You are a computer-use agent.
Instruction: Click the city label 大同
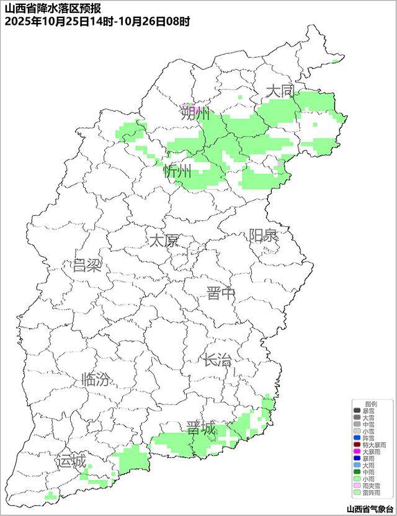point(279,91)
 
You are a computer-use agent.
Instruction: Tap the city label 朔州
point(195,113)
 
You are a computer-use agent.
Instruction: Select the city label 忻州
point(177,172)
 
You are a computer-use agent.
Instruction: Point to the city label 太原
point(163,241)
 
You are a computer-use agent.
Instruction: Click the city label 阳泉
point(264,236)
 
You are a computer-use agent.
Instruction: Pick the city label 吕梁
point(86,266)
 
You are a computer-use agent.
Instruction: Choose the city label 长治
point(217,359)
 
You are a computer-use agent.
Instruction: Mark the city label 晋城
point(201,429)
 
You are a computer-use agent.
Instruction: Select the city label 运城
point(70,461)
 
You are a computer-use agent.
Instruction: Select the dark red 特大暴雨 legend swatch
point(357,445)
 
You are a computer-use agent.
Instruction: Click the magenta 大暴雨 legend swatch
point(357,451)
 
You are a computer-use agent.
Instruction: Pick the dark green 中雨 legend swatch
point(357,472)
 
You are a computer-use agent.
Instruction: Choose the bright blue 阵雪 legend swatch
point(357,438)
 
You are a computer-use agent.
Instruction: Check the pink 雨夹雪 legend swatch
point(357,486)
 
